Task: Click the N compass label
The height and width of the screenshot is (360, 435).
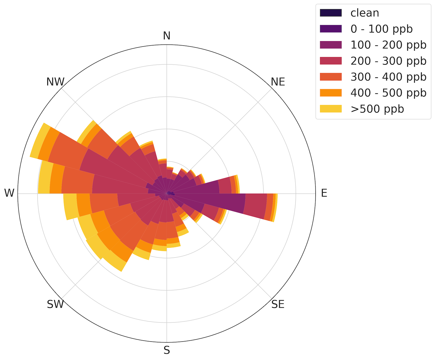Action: click(x=167, y=36)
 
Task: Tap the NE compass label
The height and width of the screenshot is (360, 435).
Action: click(x=278, y=82)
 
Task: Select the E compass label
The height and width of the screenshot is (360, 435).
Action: click(x=324, y=193)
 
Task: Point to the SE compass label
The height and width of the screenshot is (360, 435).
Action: click(x=278, y=304)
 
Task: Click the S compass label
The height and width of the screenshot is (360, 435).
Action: click(x=167, y=350)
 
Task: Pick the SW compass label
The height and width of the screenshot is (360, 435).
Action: click(x=55, y=304)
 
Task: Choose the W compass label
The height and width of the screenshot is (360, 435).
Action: click(x=9, y=193)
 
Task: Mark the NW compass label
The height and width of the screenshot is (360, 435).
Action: click(x=55, y=82)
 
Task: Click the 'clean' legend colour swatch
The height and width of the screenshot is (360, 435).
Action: click(x=331, y=13)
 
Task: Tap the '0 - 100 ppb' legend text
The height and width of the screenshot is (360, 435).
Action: click(x=381, y=29)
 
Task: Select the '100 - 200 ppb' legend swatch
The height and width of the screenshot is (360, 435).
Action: click(x=331, y=45)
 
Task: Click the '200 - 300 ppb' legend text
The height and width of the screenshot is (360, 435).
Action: click(x=388, y=61)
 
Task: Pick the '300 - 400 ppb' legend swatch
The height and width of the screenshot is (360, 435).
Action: click(x=331, y=77)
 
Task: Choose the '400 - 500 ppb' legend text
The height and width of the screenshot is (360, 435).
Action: click(x=388, y=93)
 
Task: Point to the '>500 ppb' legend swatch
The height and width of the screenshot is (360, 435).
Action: click(x=331, y=109)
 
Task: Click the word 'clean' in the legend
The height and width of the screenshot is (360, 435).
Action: click(x=365, y=13)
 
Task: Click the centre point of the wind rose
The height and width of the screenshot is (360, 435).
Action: click(x=167, y=193)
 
